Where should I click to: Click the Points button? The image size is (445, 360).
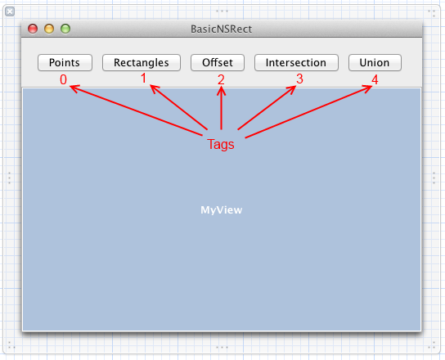(65, 62)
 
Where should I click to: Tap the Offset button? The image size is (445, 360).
(218, 62)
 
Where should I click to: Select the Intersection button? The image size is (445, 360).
(296, 62)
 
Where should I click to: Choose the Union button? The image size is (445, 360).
(375, 62)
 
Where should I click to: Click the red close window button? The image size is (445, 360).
(33, 29)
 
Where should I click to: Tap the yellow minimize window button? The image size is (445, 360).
(49, 29)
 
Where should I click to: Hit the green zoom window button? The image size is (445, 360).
(65, 29)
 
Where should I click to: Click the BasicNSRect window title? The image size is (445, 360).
(221, 29)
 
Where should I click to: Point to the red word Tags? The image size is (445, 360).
(221, 144)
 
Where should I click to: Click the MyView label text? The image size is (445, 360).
(222, 210)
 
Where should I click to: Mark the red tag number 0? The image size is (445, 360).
(63, 79)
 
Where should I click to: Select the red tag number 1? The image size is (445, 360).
(144, 78)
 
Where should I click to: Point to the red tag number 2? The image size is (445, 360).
(221, 79)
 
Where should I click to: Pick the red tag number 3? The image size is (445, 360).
(299, 79)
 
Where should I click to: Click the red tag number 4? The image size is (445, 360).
(375, 80)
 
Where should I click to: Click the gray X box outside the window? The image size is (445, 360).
(10, 11)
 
